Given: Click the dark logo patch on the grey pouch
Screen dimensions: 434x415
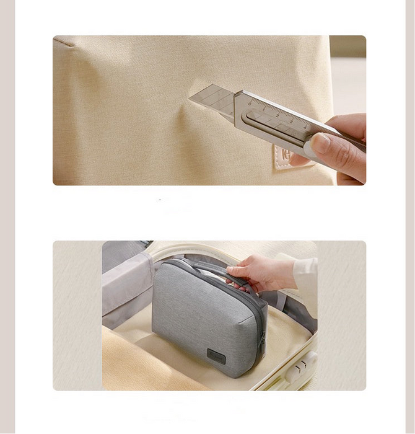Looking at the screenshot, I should pyautogui.click(x=216, y=356).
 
